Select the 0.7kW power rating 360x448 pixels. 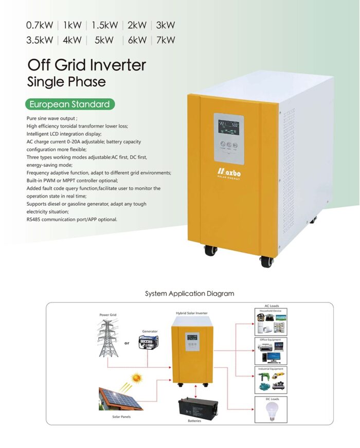pyautogui.click(x=40, y=25)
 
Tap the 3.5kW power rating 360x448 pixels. pyautogui.click(x=40, y=40)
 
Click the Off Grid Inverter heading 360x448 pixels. pyautogui.click(x=86, y=65)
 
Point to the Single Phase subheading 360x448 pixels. pyautogui.click(x=66, y=82)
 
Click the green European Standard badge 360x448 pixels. pyautogui.click(x=69, y=104)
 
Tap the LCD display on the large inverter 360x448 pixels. pyautogui.click(x=228, y=127)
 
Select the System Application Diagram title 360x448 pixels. pyautogui.click(x=189, y=294)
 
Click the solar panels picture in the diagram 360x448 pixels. pyautogui.click(x=119, y=399)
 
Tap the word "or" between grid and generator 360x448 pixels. pyautogui.click(x=127, y=343)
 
